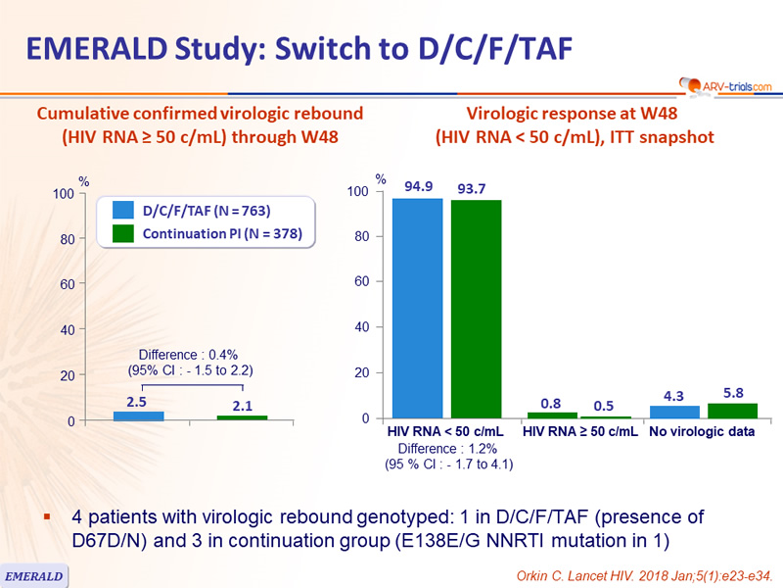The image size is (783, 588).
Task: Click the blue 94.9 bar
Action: pos(418,308)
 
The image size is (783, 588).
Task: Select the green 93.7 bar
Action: pos(477,309)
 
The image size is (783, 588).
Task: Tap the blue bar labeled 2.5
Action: pos(138,416)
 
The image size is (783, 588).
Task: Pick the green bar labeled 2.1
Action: pos(242,418)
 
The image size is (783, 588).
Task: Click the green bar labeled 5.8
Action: pos(732,411)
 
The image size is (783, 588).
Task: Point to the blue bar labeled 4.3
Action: pos(674,412)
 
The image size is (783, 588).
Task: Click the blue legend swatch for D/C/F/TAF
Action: pos(123,210)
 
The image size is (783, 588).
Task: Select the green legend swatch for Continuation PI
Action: pos(123,233)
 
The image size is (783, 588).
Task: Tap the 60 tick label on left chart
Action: pos(68,284)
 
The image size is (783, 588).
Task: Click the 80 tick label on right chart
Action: pos(361,236)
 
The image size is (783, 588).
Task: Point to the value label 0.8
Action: pos(551,404)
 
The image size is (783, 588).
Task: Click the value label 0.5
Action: pos(603,406)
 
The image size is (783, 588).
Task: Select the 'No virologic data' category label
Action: pos(702,431)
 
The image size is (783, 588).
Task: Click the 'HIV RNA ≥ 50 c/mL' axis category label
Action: pos(580,431)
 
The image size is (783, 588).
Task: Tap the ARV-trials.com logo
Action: pos(725,86)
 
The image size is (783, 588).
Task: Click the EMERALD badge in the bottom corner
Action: pos(33,576)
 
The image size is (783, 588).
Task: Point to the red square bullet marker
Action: pos(47,516)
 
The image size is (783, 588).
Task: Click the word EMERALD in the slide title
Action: pos(96,49)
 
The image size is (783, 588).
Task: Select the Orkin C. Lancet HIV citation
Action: pos(644,576)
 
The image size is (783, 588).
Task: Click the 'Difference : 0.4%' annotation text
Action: pos(188,355)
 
